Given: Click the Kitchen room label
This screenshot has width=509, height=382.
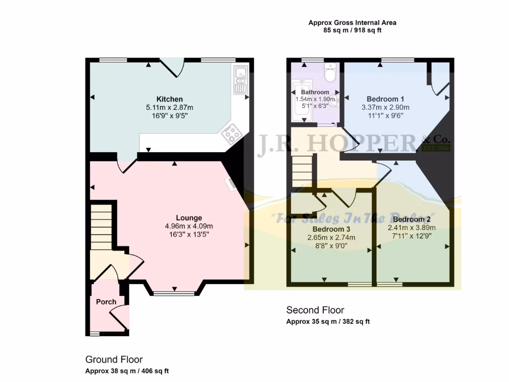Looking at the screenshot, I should [170, 99].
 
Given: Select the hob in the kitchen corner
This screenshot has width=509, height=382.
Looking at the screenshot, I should [230, 133].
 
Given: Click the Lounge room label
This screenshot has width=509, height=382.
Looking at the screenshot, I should [189, 217].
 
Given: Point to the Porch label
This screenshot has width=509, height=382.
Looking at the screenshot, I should [106, 302].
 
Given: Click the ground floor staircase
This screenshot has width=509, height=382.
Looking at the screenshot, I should [101, 226].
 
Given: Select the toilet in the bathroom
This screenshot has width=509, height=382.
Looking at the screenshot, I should [330, 74].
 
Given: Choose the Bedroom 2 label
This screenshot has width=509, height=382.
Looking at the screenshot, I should [411, 219].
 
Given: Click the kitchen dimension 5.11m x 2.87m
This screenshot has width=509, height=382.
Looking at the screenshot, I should [170, 107].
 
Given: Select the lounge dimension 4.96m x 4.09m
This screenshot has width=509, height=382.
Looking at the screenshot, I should [189, 226].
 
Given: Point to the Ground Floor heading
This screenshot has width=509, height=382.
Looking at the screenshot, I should [114, 359].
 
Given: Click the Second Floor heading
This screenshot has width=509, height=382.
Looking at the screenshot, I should [315, 310].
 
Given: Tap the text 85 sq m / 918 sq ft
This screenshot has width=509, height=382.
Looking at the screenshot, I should [352, 30].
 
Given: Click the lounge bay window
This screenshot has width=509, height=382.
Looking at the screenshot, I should [174, 293].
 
